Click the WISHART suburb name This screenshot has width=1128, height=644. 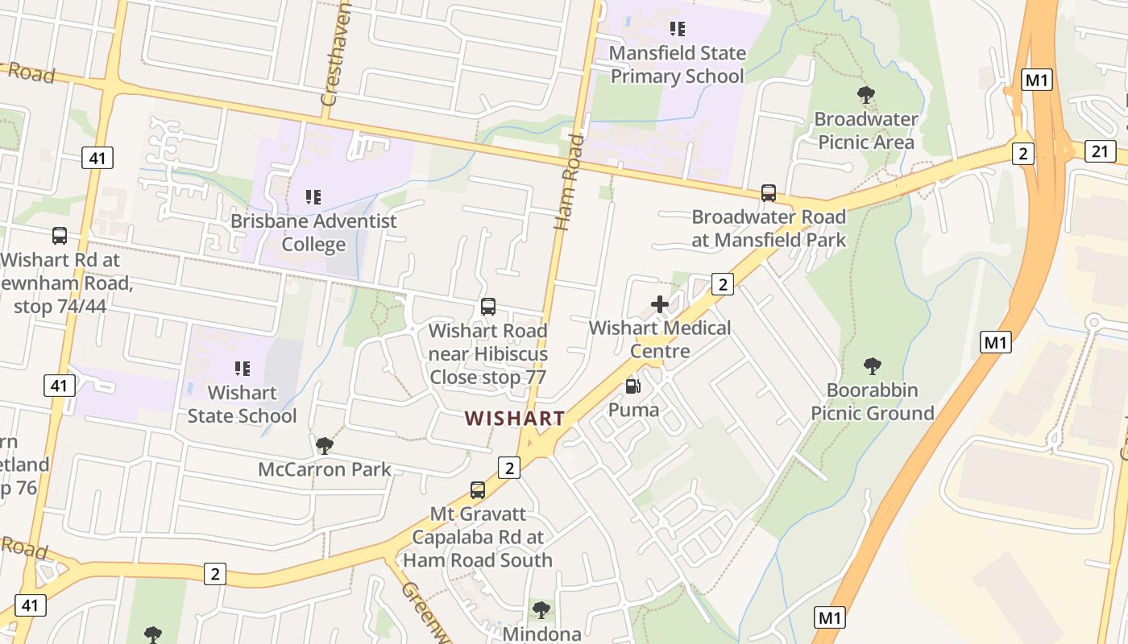pos(514,419)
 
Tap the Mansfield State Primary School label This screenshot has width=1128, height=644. pos(677,65)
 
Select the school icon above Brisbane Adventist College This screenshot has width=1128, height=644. pos(313,196)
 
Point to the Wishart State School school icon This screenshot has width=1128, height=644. pos(242,369)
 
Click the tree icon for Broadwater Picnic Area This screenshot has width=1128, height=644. pos(866,95)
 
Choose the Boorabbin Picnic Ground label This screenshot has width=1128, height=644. pos(872,402)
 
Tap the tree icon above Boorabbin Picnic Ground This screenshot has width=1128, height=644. pos(872,366)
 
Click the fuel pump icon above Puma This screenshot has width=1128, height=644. pos(633,386)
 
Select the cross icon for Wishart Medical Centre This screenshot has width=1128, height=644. pos(660,304)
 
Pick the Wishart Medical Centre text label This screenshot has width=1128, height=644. pos(660,339)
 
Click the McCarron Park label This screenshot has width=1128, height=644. pos(325,469)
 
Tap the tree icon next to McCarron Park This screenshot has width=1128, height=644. pos(325,445)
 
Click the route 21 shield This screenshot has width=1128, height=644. pos(1100,151)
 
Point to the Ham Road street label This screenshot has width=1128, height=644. pos(569,181)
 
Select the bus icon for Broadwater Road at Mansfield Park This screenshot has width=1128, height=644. pos(769,193)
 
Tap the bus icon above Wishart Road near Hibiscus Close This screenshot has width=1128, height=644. pos(488,307)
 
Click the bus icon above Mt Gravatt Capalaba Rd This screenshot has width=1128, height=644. pos(478,489)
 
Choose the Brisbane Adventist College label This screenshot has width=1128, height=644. pos(313,233)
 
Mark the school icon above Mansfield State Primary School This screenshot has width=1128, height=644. pos(677,29)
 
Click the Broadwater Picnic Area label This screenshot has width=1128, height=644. pos(866,130)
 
